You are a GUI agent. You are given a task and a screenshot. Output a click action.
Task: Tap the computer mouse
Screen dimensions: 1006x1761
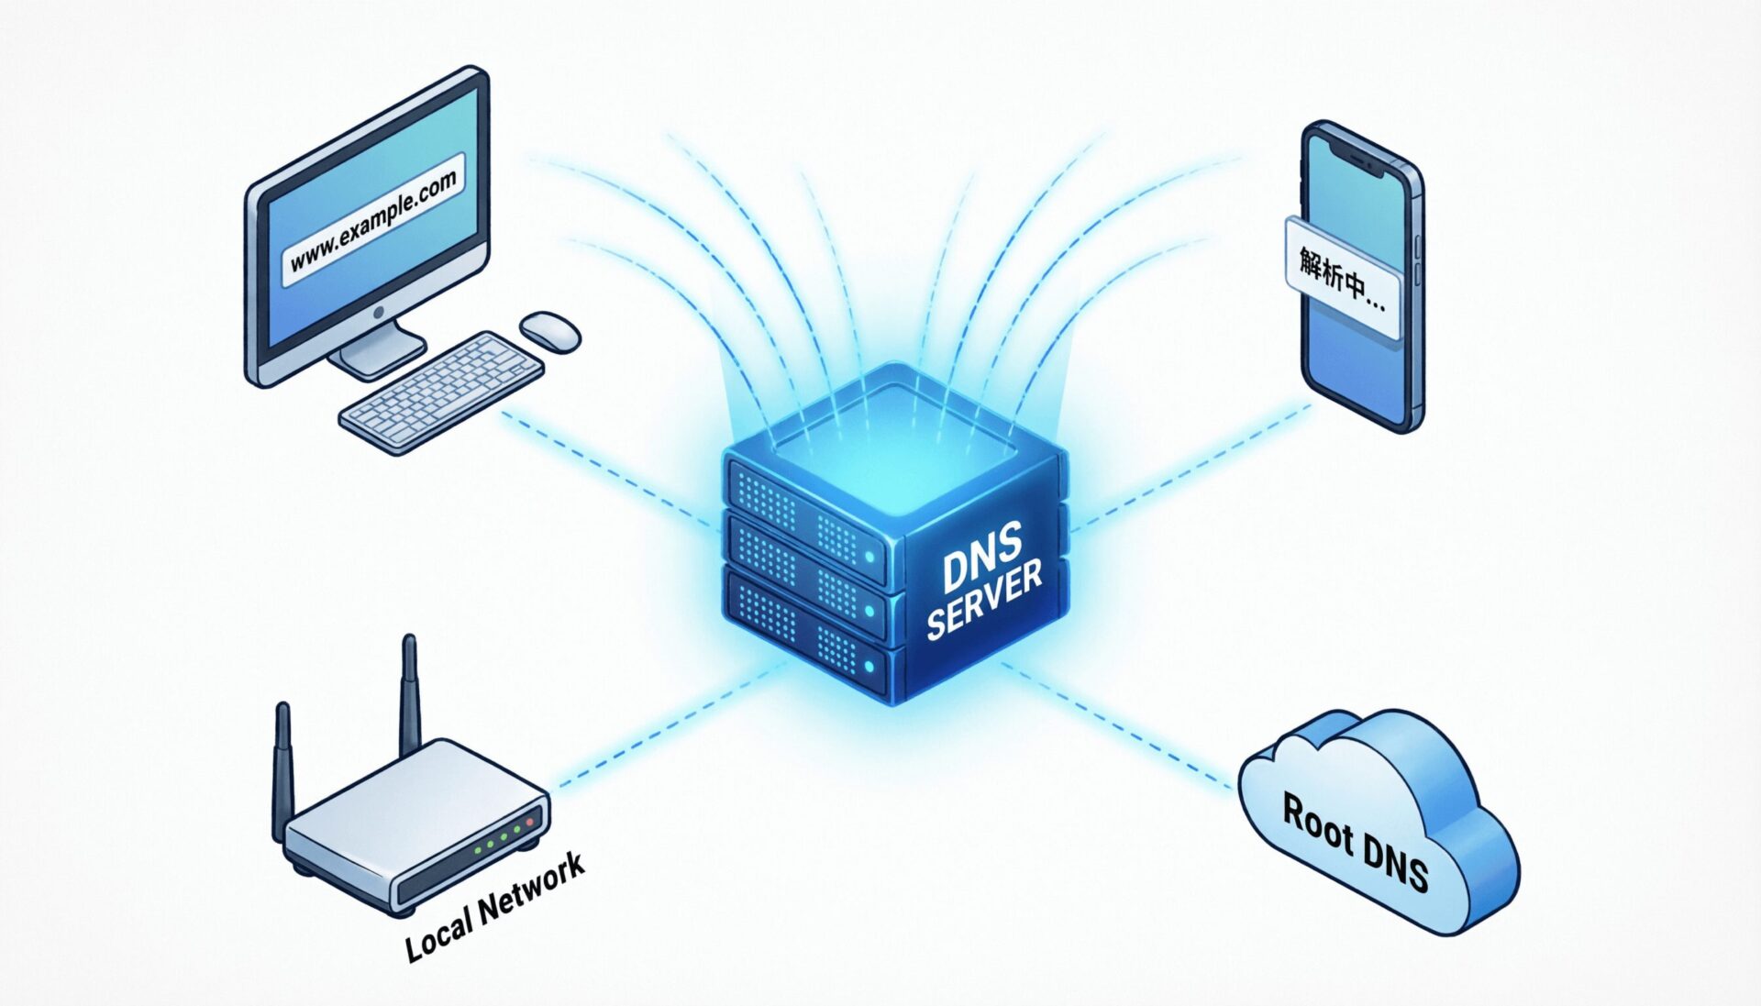pyautogui.click(x=550, y=330)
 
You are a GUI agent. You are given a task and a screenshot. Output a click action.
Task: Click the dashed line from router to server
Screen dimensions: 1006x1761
pyautogui.click(x=660, y=726)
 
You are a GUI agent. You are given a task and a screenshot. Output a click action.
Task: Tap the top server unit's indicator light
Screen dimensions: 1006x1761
pyautogui.click(x=869, y=556)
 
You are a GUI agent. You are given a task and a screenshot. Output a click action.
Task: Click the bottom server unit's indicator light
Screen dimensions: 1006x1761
pyautogui.click(x=869, y=666)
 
